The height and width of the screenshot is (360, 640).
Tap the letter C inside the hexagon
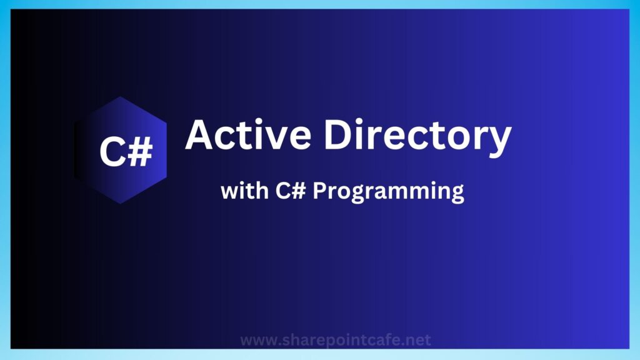pos(112,152)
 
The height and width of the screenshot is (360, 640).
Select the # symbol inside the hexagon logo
pos(140,152)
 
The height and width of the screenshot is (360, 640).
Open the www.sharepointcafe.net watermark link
pos(336,341)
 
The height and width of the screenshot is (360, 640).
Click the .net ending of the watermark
pos(417,341)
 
